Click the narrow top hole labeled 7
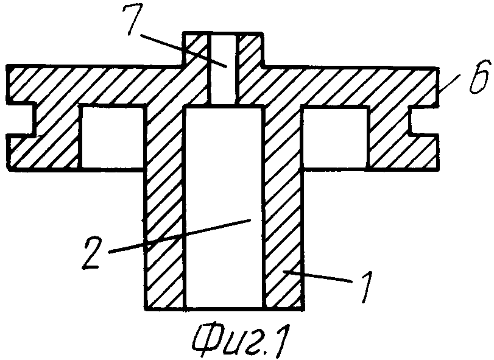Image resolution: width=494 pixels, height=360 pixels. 223,69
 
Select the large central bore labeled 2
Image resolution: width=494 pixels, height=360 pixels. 224,207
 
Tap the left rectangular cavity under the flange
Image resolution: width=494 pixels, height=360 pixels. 113,137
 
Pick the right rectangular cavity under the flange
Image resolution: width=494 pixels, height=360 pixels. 335,137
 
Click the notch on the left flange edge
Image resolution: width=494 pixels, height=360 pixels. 21,119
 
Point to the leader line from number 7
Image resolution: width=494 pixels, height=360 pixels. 183,51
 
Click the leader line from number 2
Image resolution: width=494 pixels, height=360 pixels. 180,236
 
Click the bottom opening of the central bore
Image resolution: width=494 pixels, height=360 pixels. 224,307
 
